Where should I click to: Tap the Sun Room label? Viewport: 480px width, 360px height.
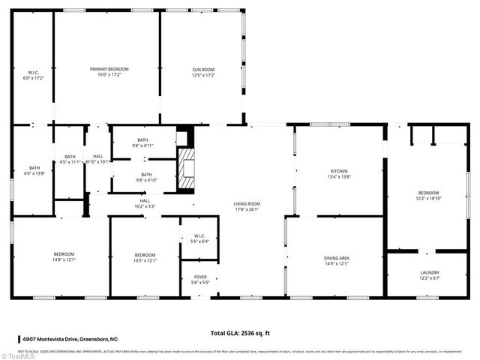tap(203, 72)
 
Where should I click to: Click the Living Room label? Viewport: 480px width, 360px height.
tap(246, 207)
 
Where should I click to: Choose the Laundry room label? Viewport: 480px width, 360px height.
tap(430, 275)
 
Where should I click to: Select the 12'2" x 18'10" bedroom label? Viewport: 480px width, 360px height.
tap(430, 196)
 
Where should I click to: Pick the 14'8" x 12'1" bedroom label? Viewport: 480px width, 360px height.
tap(64, 257)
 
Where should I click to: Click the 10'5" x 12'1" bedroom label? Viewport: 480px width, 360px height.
tap(145, 257)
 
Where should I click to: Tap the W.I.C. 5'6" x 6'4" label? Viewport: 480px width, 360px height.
tap(199, 238)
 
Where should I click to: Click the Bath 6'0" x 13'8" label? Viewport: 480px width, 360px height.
tap(34, 170)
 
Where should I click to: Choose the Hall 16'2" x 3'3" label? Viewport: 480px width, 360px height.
tap(145, 203)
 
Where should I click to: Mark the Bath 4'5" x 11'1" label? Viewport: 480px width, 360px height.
tap(70, 159)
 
